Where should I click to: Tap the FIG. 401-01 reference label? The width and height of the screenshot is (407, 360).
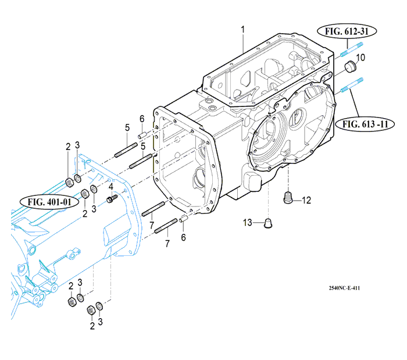coord(49,202)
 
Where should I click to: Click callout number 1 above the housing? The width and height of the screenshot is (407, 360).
coord(243,29)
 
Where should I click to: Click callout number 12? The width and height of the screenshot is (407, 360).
coord(306,200)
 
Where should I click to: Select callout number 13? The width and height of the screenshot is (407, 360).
coord(248,222)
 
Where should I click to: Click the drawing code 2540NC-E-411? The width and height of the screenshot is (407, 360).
coord(343,287)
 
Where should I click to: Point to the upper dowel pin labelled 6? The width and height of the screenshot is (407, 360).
coord(141,136)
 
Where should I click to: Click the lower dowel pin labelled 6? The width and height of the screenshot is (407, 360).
coord(182,219)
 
